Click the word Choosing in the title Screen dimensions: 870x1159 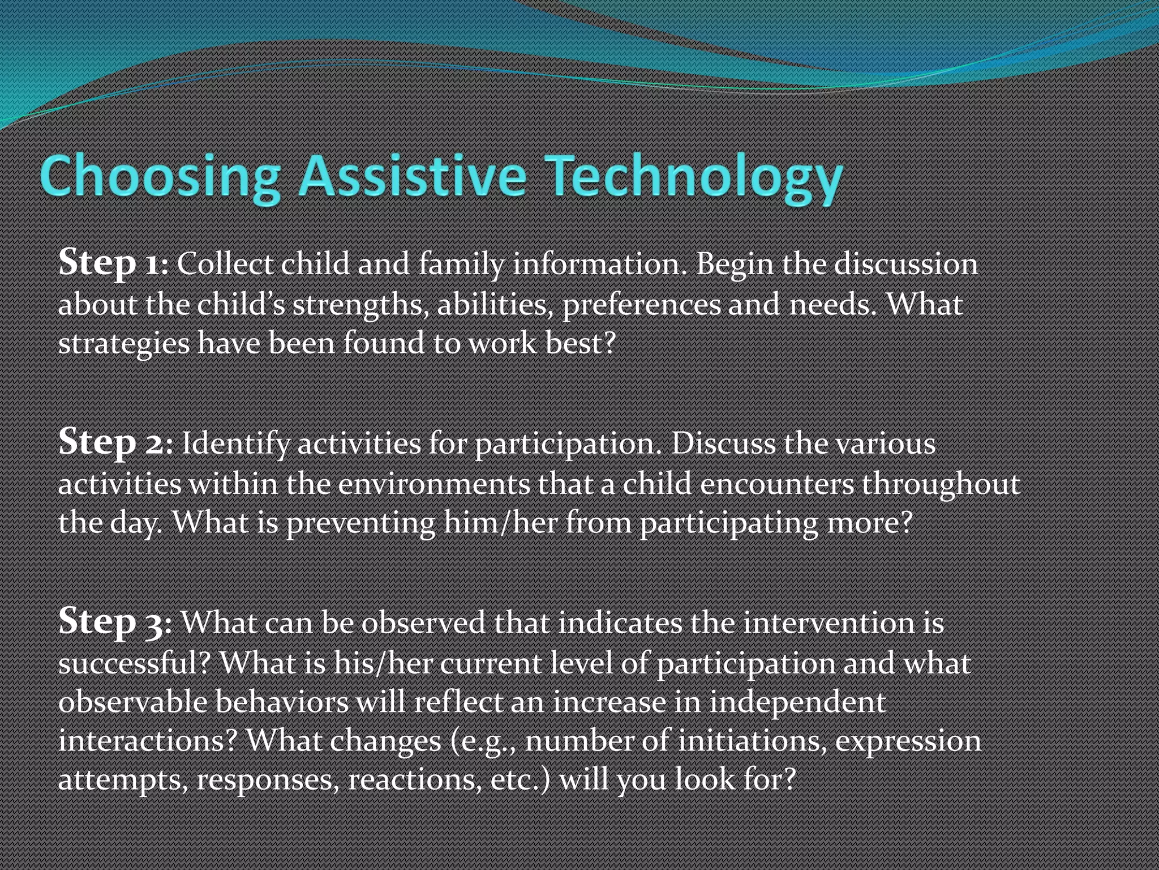[x=160, y=177]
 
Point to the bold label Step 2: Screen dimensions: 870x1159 [x=115, y=443]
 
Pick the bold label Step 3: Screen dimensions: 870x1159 [x=115, y=622]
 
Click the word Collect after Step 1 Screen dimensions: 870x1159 [x=225, y=264]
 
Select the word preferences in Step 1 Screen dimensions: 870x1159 [x=641, y=305]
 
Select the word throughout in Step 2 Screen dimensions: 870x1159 [x=941, y=484]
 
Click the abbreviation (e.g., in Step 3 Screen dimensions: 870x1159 [x=484, y=741]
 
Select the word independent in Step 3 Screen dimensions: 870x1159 [x=798, y=702]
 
